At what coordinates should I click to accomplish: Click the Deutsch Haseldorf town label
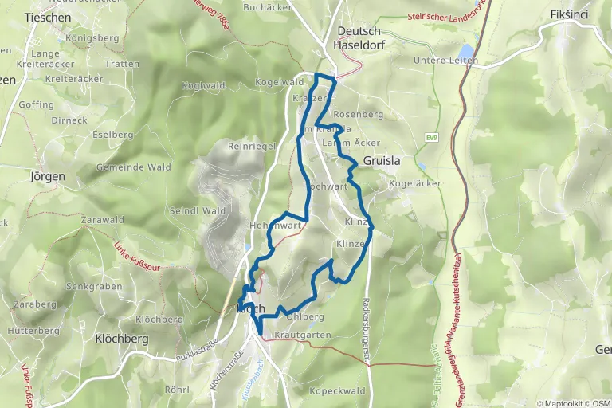361,37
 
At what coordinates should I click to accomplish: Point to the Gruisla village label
382,160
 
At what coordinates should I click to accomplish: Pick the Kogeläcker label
414,184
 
